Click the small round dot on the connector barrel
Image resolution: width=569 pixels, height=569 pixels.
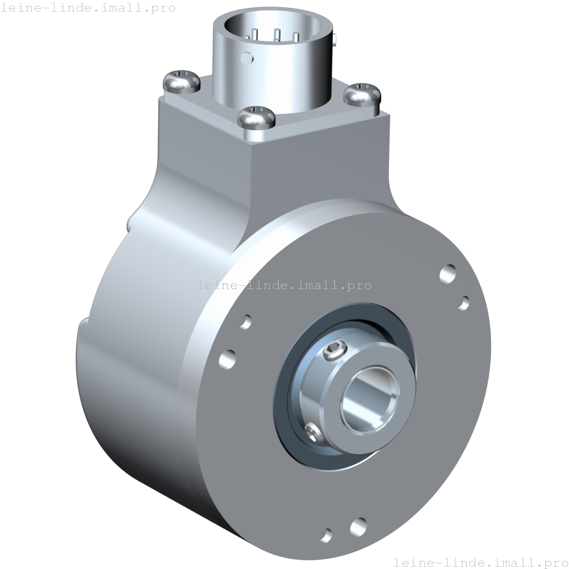pos(248,57)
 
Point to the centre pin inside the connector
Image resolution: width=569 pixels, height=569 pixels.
pos(277,35)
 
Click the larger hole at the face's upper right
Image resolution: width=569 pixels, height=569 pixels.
pos(448,273)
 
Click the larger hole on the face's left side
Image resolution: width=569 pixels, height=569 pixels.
pos(227,359)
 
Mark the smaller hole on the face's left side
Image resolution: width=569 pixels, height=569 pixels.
pos(246,321)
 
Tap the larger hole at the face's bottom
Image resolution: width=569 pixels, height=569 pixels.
pos(358,527)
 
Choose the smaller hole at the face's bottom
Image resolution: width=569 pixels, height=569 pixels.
pos(327,534)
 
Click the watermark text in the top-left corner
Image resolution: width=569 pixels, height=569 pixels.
pos(88,8)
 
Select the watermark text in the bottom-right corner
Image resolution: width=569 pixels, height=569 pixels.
pos(480,562)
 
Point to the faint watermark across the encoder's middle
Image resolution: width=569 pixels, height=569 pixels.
pos(284,285)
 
